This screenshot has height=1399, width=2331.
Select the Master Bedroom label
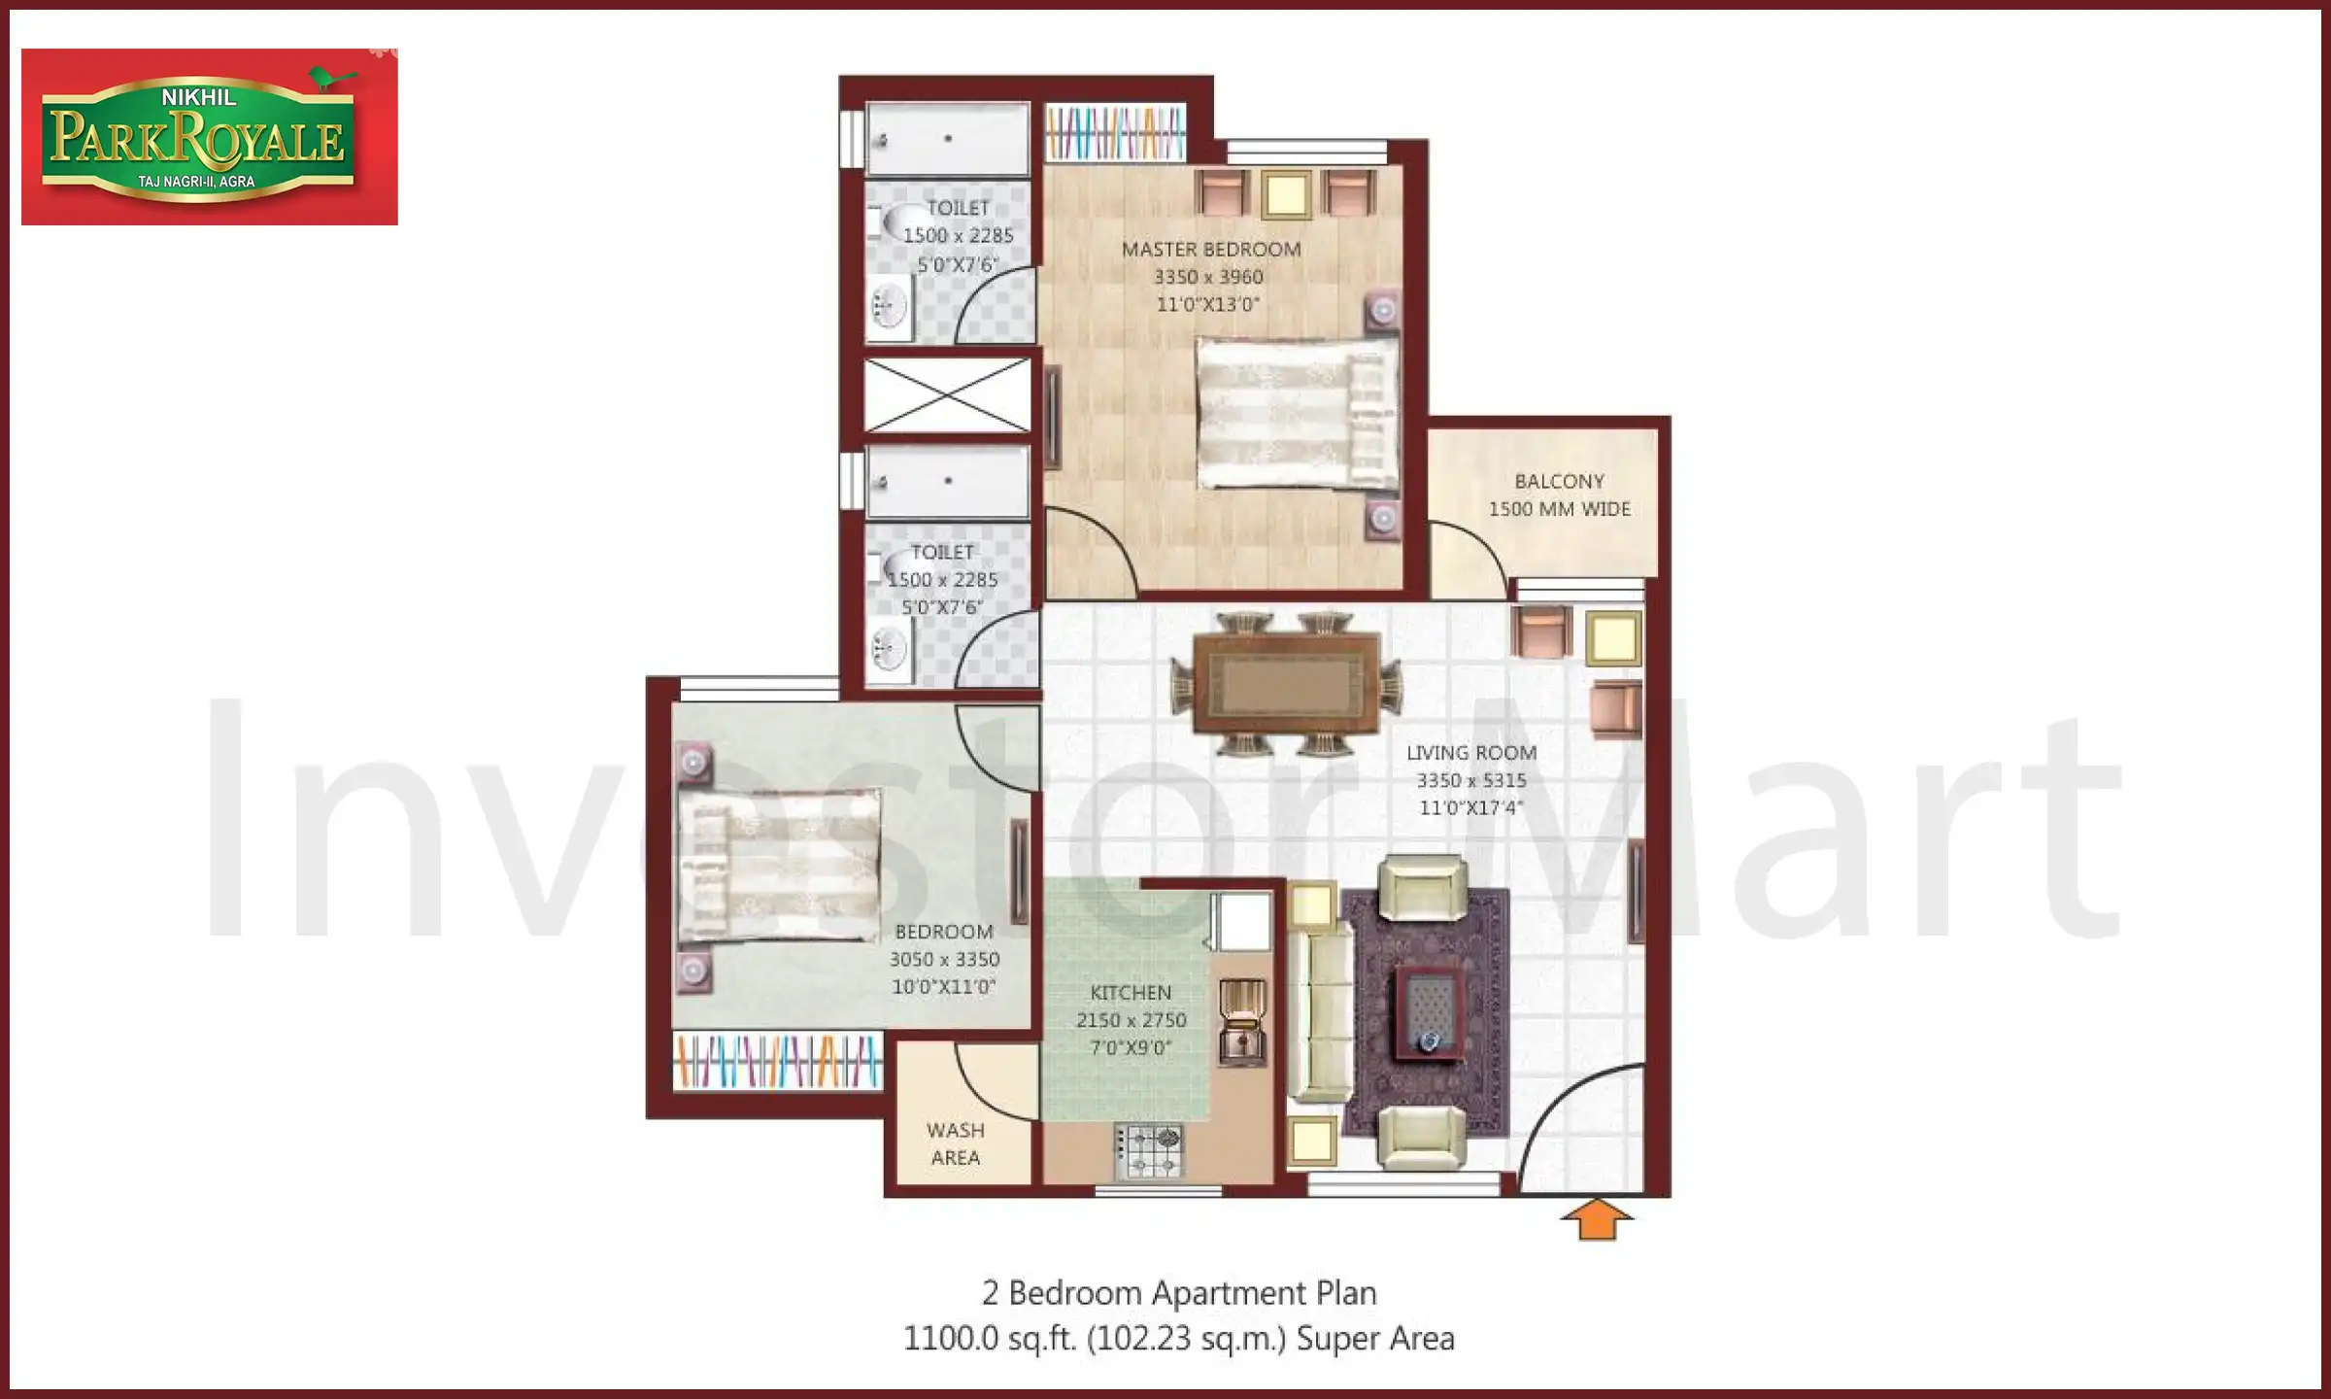pos(1210,250)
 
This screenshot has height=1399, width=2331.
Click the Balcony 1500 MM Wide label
pos(1559,495)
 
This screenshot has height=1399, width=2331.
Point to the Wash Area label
pos(955,1143)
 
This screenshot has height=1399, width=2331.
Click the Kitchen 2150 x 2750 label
pos(1131,1019)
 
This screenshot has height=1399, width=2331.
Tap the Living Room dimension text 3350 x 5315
pos(1470,780)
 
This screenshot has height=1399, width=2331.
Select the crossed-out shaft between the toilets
pos(947,395)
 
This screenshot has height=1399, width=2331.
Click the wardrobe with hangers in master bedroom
pos(1115,133)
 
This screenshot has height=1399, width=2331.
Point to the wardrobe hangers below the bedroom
pos(778,1061)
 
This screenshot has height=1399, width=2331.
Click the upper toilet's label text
pos(958,235)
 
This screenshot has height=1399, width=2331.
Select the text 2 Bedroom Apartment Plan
pos(1179,1293)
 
